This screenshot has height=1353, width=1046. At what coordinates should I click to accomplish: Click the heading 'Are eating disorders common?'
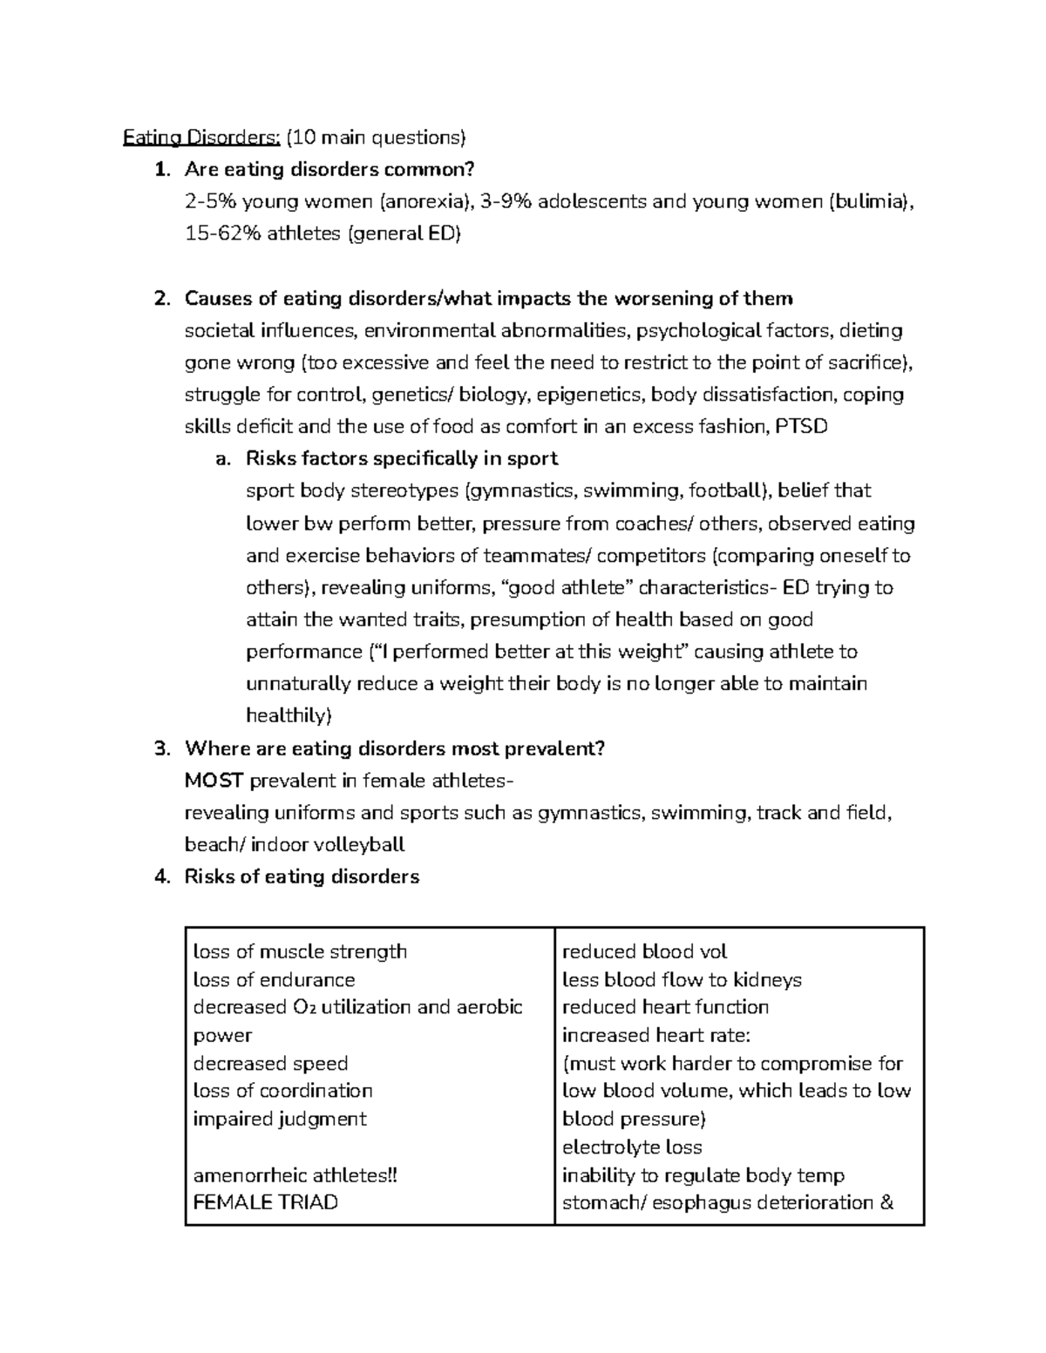(329, 169)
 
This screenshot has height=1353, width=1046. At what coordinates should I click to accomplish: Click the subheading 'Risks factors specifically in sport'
(402, 458)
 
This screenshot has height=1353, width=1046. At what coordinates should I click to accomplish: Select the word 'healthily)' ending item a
(289, 715)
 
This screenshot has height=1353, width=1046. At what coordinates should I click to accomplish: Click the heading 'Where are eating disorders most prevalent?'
(394, 748)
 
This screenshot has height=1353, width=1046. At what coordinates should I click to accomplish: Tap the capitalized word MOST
(214, 781)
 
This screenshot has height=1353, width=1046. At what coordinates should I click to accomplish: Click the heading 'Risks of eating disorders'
(302, 876)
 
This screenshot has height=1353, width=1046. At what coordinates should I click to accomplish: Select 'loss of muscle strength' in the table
(300, 951)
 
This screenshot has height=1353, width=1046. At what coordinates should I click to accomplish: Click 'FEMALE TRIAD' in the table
(265, 1202)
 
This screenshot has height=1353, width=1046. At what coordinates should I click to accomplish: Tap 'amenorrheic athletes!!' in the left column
(295, 1174)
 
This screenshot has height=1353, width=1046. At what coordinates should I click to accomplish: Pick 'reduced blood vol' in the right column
(644, 951)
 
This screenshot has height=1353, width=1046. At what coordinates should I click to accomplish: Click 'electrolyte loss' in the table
(632, 1147)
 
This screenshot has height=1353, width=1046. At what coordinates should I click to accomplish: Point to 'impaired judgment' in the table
(279, 1119)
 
